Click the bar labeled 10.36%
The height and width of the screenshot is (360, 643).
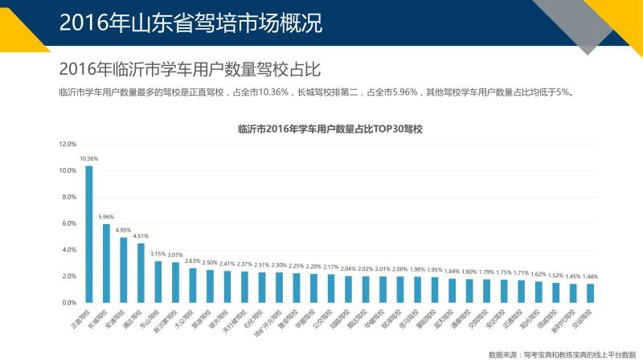[88, 234]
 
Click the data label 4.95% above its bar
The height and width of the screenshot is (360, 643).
[124, 230]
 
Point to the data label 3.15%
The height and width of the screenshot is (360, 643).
[158, 254]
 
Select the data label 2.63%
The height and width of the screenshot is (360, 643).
[193, 260]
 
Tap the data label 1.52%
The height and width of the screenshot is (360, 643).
[555, 275]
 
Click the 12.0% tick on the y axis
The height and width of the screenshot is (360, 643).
[68, 145]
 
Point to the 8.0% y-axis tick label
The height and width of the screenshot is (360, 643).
[68, 197]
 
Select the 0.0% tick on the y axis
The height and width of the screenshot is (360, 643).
[68, 302]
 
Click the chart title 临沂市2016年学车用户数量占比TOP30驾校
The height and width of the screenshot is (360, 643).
[330, 129]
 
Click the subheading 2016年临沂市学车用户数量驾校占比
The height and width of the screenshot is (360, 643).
[190, 68]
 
